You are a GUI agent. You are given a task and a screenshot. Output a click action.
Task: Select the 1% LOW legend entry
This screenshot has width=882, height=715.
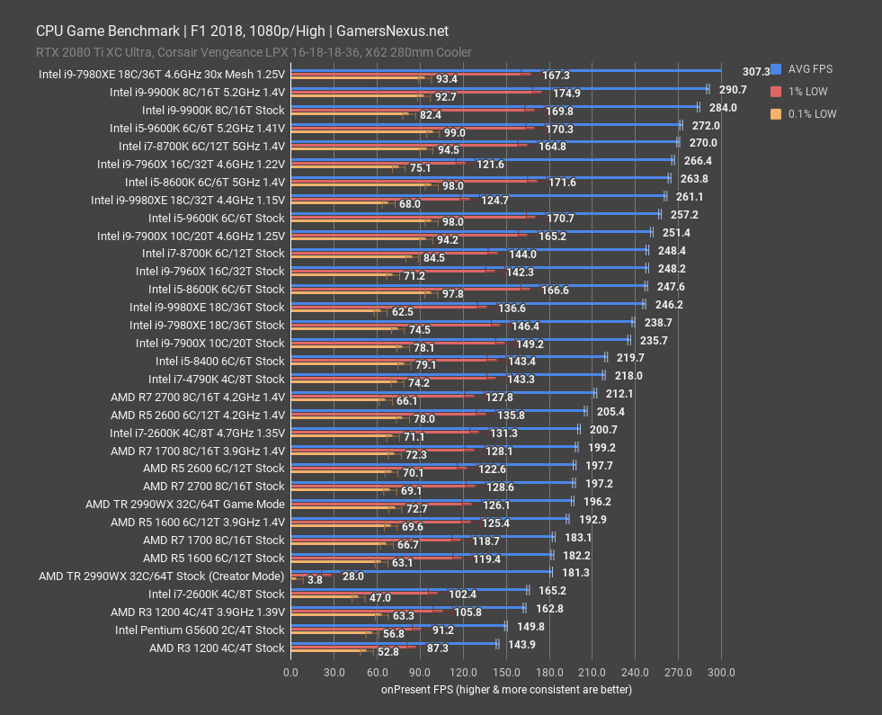(806, 92)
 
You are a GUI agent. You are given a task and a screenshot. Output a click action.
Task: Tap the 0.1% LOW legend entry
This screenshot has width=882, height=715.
(810, 114)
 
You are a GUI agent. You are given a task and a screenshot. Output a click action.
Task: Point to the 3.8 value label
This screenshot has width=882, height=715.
(315, 580)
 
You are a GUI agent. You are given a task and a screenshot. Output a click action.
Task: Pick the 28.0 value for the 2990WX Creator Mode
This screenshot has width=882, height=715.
(352, 576)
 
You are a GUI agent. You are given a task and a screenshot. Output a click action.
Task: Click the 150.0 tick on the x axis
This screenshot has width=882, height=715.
(505, 673)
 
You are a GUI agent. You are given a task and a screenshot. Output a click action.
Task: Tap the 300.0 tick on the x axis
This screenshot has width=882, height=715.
(721, 673)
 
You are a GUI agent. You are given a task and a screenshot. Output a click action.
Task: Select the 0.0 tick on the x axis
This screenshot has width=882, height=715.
(290, 673)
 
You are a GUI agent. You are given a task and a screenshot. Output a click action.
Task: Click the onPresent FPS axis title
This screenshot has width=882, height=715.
(505, 690)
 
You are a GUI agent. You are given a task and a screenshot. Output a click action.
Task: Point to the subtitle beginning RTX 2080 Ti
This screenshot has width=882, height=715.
(254, 52)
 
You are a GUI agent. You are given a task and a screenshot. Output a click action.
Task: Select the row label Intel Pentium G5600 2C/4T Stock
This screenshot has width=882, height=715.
(200, 630)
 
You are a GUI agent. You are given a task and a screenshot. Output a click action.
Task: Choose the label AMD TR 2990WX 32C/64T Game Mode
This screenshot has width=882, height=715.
(184, 504)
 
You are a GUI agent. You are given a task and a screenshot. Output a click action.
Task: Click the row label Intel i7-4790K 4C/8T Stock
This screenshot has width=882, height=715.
(216, 379)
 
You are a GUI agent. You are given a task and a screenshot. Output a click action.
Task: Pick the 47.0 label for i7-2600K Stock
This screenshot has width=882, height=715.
(380, 598)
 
